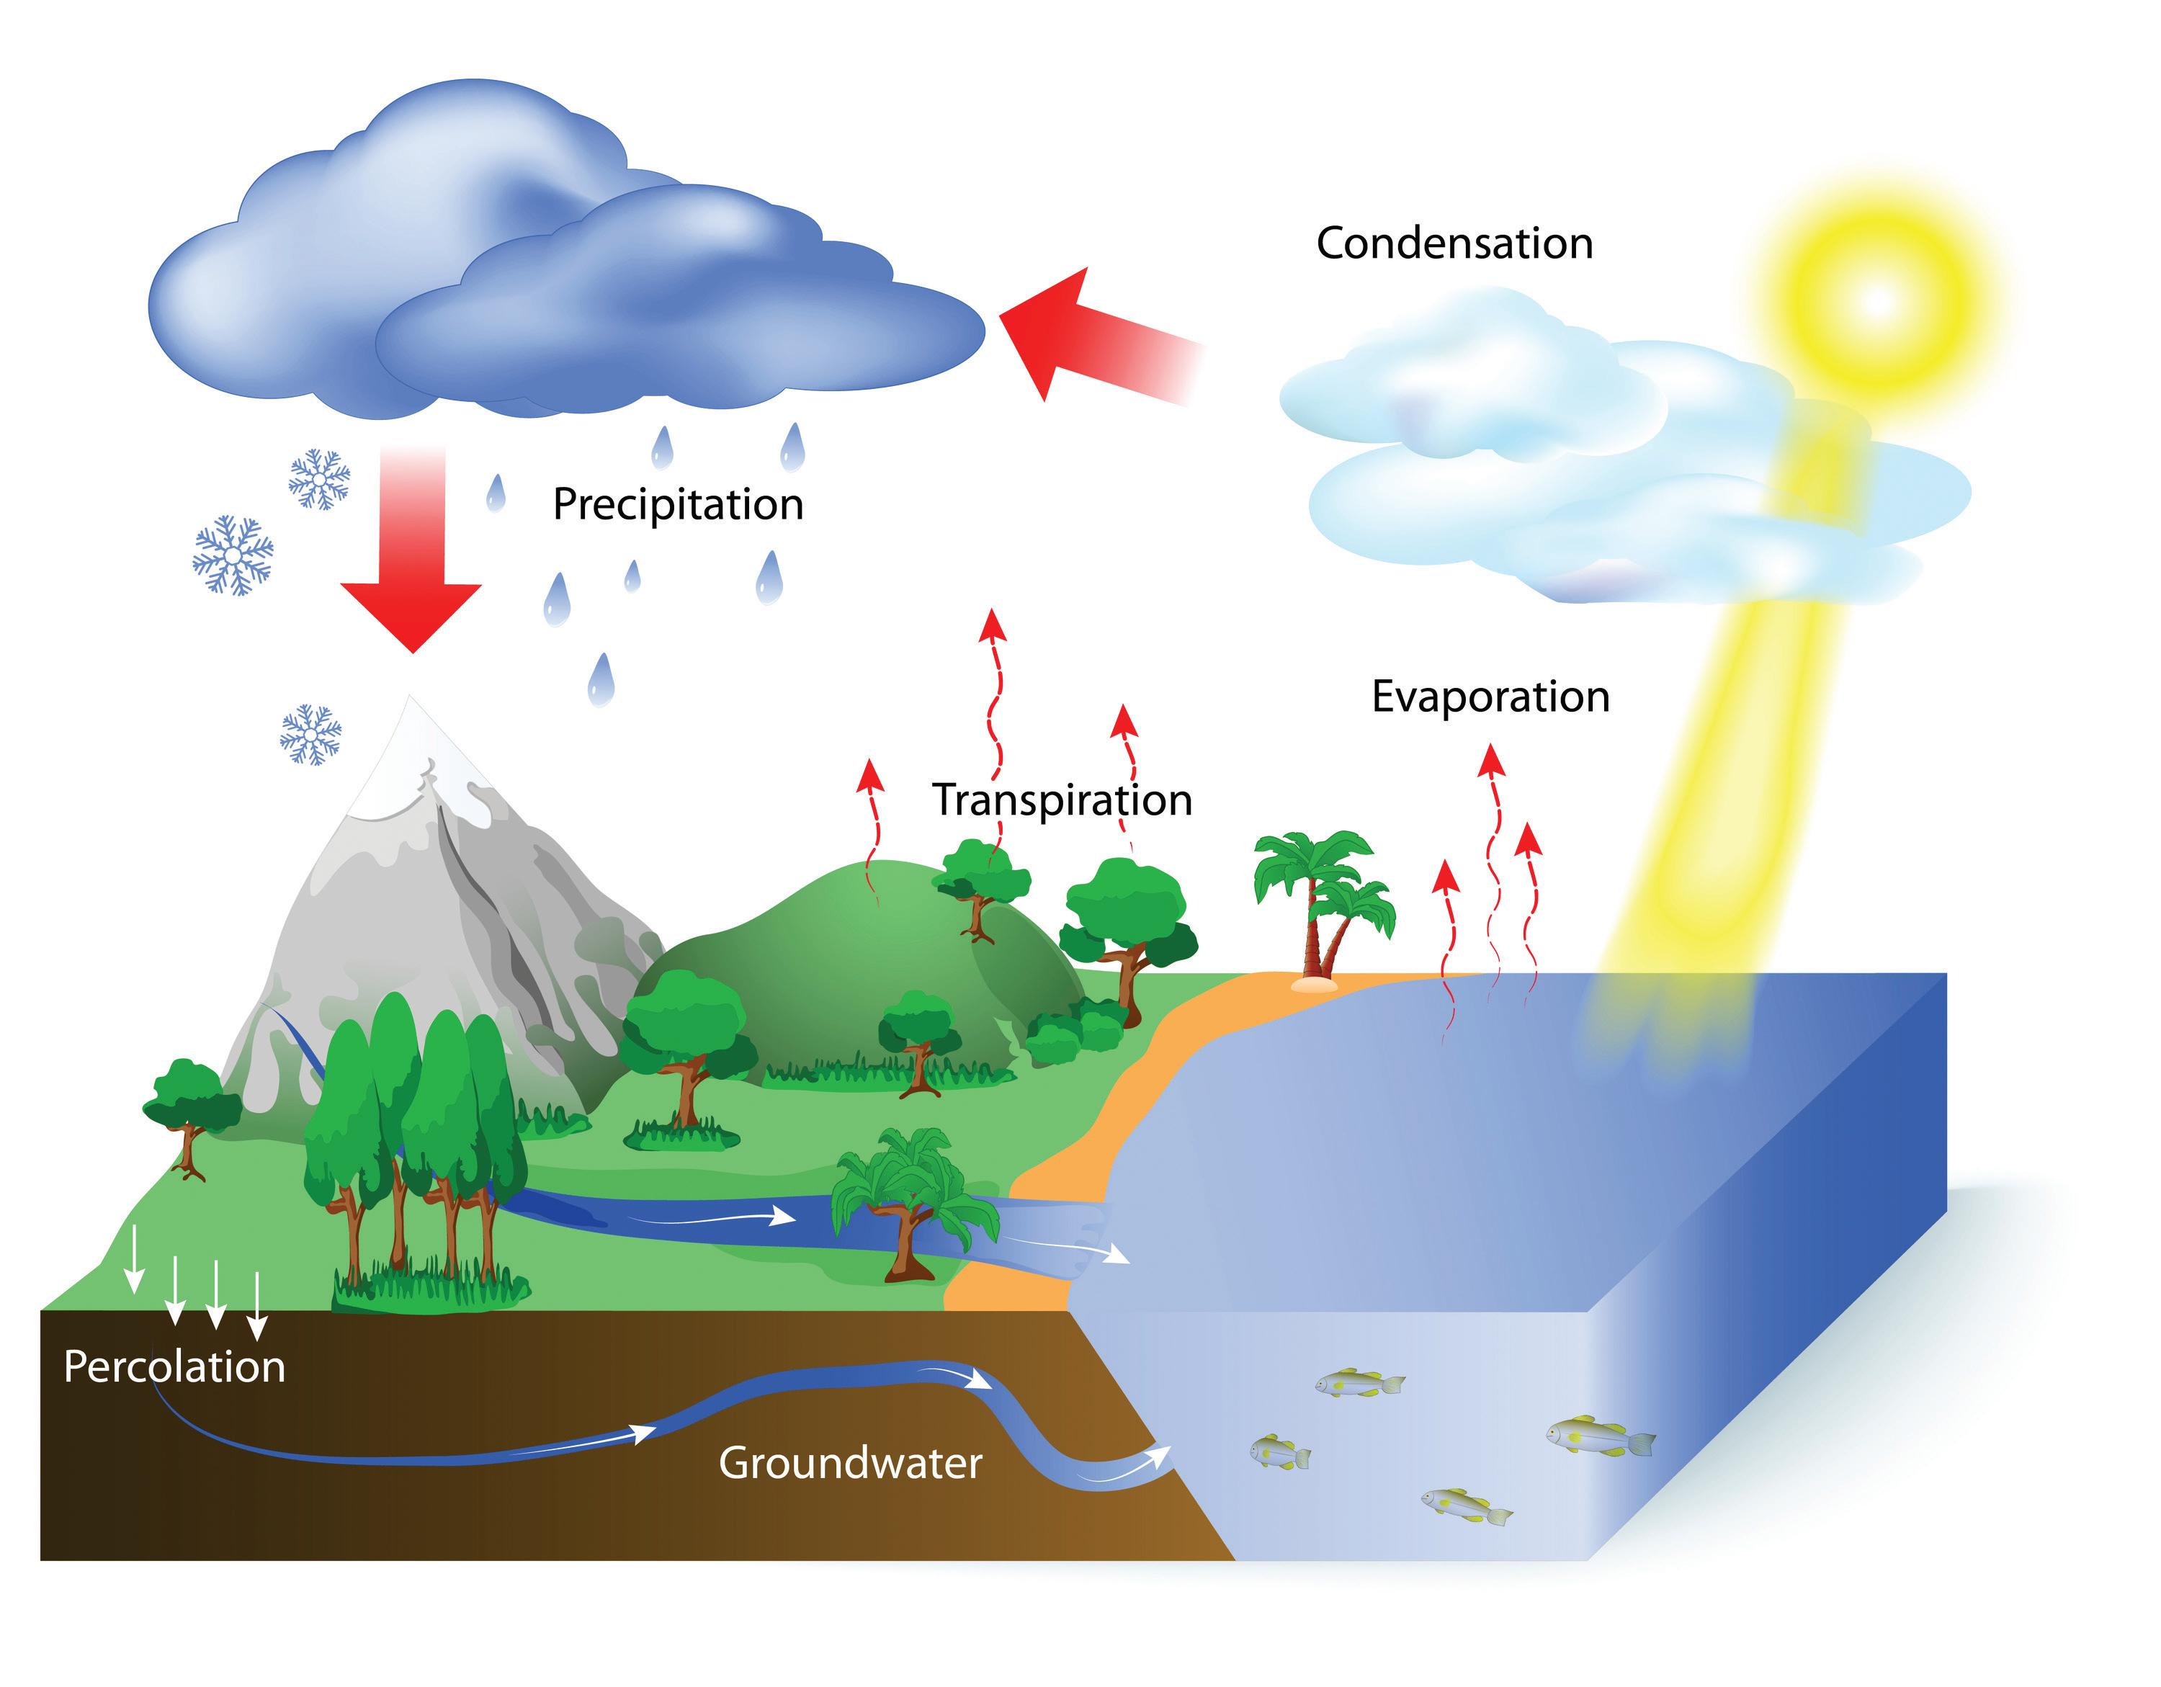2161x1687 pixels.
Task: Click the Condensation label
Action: pyautogui.click(x=1454, y=243)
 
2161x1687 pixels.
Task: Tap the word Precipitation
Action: pyautogui.click(x=678, y=505)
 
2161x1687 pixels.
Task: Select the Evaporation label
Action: pyautogui.click(x=1490, y=697)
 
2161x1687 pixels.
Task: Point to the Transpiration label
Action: pyautogui.click(x=1062, y=800)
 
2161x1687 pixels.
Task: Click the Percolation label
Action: pyautogui.click(x=174, y=1367)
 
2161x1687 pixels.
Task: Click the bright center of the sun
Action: pyautogui.click(x=1875, y=301)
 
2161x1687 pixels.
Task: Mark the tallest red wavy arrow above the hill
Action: pyautogui.click(x=993, y=712)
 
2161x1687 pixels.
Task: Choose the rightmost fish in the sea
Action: pyautogui.click(x=1600, y=1435)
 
